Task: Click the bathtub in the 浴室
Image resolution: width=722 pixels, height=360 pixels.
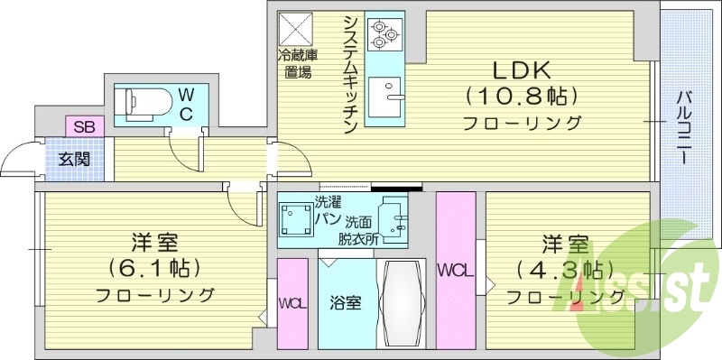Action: tap(400, 302)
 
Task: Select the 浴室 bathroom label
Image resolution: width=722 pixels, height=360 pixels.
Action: tap(344, 303)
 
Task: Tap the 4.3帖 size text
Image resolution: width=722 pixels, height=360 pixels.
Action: tap(566, 268)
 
